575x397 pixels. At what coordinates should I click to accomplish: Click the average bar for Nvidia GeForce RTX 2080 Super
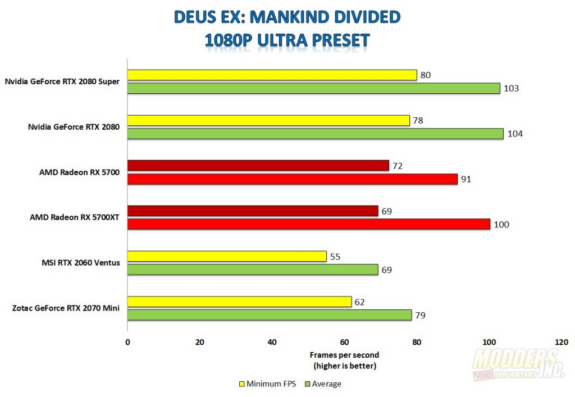tap(313, 88)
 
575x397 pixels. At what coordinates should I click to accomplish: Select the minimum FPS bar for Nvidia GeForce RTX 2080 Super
tap(272, 75)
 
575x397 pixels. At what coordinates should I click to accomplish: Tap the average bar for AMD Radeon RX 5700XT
tap(308, 225)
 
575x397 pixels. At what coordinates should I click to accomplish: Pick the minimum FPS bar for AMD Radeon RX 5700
tap(258, 166)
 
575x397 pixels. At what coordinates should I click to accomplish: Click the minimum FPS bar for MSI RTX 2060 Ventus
tap(227, 257)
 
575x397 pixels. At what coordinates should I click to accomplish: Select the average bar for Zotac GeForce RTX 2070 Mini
tap(270, 315)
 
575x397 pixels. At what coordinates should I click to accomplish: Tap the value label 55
tap(335, 257)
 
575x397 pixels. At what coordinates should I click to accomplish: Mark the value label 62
tap(359, 302)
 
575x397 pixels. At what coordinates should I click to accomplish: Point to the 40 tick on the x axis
tap(272, 342)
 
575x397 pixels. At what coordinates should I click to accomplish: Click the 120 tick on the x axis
tap(561, 342)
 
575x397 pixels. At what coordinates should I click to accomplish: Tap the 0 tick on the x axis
tap(127, 342)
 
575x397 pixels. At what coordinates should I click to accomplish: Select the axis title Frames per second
tap(344, 355)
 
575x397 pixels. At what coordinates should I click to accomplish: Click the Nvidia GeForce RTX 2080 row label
tap(74, 127)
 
